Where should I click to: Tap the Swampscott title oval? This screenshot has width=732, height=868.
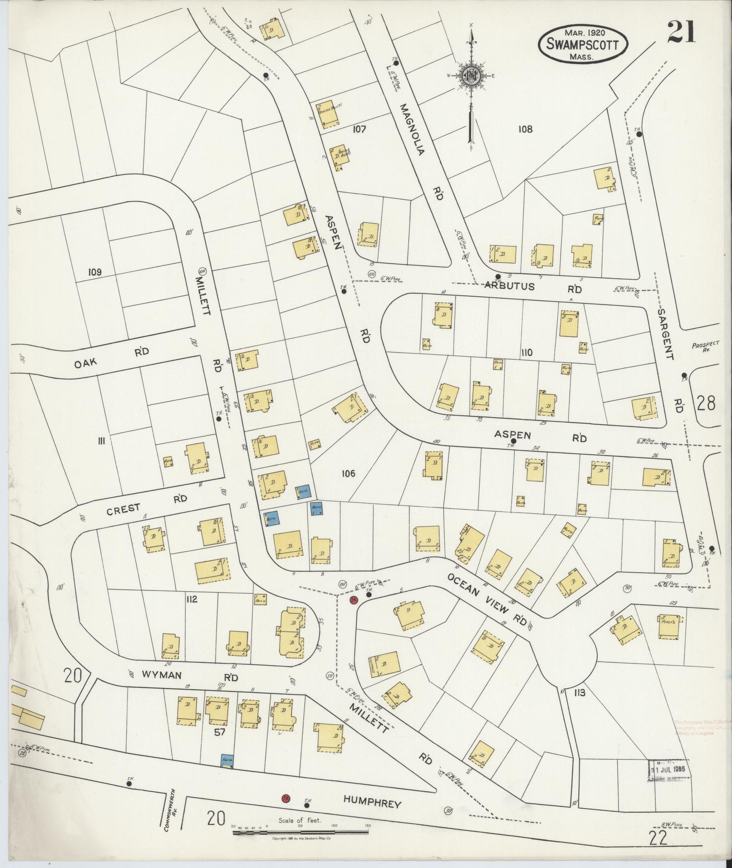coord(583,44)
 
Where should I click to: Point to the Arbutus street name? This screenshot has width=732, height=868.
coord(510,286)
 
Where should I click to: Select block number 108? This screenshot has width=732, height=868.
coord(525,129)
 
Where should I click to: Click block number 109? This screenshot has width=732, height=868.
coord(95,272)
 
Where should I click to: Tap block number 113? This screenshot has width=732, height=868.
coord(580,705)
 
